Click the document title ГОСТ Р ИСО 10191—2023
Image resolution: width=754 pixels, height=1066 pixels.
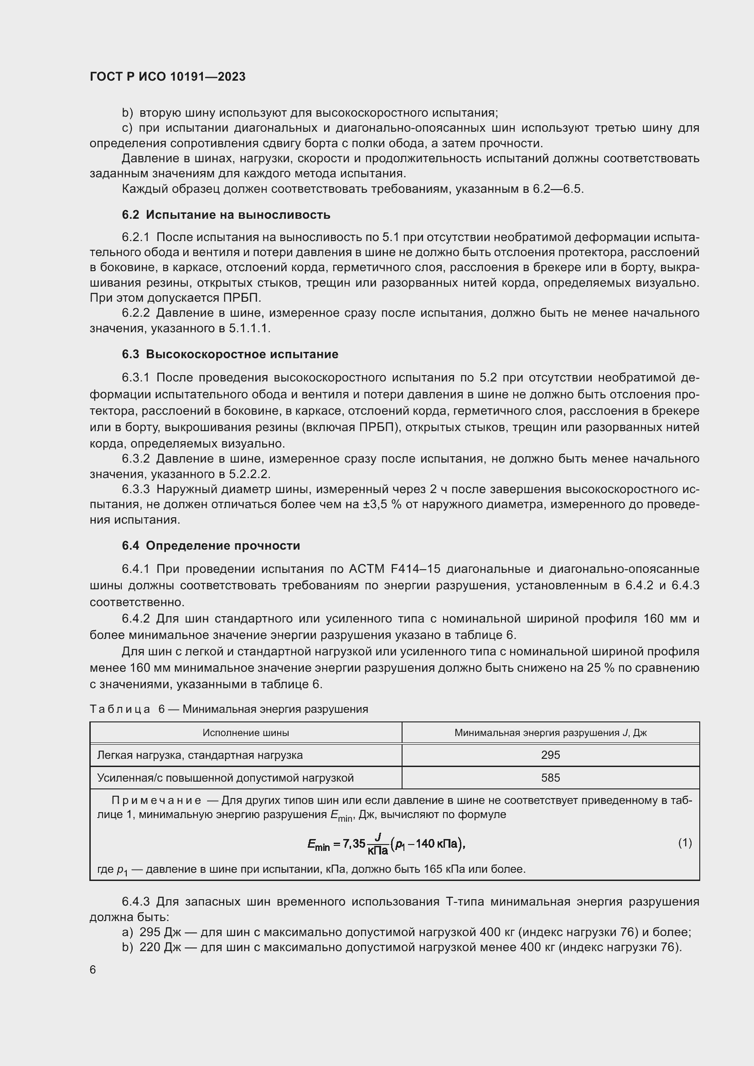168,77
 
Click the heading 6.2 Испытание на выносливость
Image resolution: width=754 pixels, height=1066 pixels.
226,215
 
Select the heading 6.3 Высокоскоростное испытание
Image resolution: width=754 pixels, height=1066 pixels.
230,354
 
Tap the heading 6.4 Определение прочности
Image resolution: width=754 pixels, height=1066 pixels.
211,546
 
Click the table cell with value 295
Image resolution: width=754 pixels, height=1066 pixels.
550,755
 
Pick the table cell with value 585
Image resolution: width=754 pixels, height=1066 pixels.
550,778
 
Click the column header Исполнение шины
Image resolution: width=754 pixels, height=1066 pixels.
246,733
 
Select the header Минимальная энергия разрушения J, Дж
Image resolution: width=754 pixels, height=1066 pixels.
550,733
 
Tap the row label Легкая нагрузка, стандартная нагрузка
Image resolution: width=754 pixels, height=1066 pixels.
200,755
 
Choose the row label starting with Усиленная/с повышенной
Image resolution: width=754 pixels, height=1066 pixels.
225,778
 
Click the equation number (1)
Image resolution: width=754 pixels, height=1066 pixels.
685,843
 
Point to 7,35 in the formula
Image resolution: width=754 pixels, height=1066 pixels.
354,844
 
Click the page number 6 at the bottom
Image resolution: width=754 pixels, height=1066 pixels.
93,970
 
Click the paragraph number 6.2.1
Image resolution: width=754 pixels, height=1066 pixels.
135,237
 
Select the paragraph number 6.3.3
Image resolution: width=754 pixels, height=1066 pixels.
135,489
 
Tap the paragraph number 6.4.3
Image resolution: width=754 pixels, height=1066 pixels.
135,901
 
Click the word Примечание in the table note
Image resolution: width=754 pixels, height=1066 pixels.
156,800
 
